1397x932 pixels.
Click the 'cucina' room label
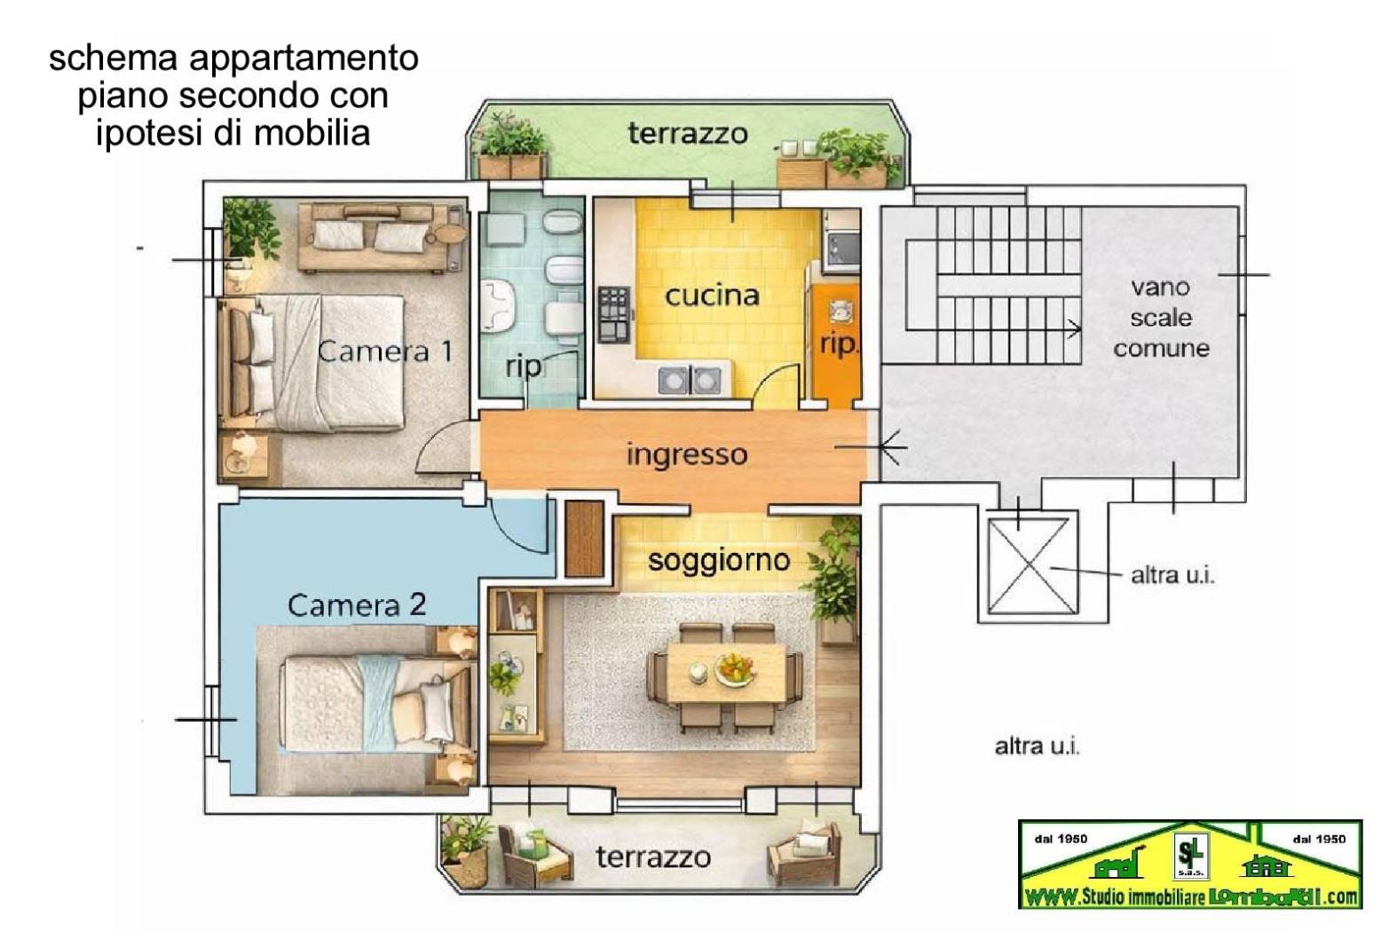[x=712, y=296]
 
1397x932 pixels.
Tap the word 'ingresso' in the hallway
[x=686, y=454]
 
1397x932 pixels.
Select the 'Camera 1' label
[x=385, y=351]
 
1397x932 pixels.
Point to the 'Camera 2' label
[x=357, y=605]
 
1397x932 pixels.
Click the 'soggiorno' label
[x=718, y=560]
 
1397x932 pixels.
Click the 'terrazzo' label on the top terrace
[x=687, y=134]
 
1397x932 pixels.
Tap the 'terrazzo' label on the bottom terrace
[x=652, y=857]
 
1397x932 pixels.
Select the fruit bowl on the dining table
[x=736, y=667]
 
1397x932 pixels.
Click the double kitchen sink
[x=689, y=380]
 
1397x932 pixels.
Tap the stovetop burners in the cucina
[x=613, y=314]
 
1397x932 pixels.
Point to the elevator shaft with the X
[x=1032, y=566]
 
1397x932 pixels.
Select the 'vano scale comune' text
[x=1161, y=318]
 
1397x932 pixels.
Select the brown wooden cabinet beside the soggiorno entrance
[x=584, y=539]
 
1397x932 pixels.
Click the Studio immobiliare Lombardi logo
[x=1189, y=865]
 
